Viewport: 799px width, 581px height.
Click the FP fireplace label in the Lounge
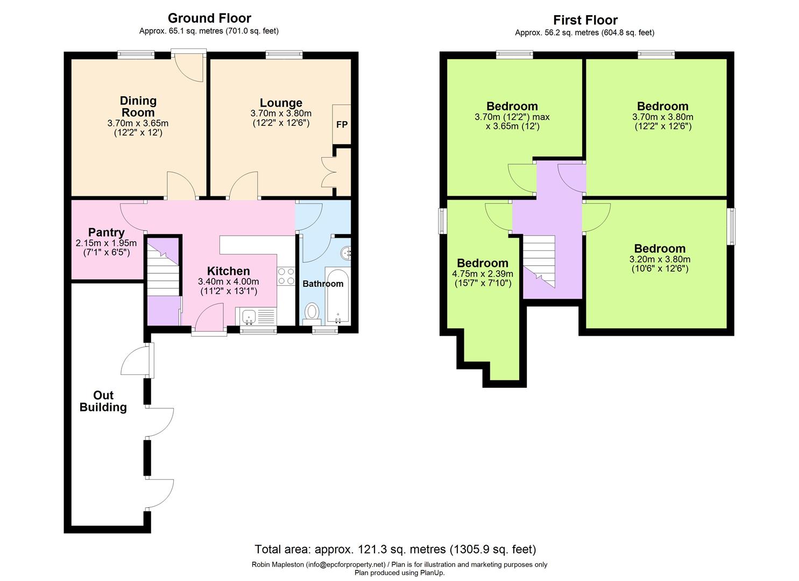pyautogui.click(x=342, y=124)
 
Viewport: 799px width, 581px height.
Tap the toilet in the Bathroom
pyautogui.click(x=312, y=312)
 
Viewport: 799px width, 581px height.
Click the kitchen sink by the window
pyautogui.click(x=249, y=317)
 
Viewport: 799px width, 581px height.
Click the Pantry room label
pyautogui.click(x=107, y=232)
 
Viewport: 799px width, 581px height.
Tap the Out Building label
pyautogui.click(x=103, y=401)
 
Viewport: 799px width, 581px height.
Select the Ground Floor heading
pyautogui.click(x=209, y=18)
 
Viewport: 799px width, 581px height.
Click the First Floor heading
pyautogui.click(x=585, y=20)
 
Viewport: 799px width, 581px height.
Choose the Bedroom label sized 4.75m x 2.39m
pyautogui.click(x=483, y=263)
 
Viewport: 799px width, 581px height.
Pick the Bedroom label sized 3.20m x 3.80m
pyautogui.click(x=660, y=249)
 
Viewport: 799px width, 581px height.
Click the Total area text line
pyautogui.click(x=395, y=549)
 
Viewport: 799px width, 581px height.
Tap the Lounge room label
pyautogui.click(x=281, y=103)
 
